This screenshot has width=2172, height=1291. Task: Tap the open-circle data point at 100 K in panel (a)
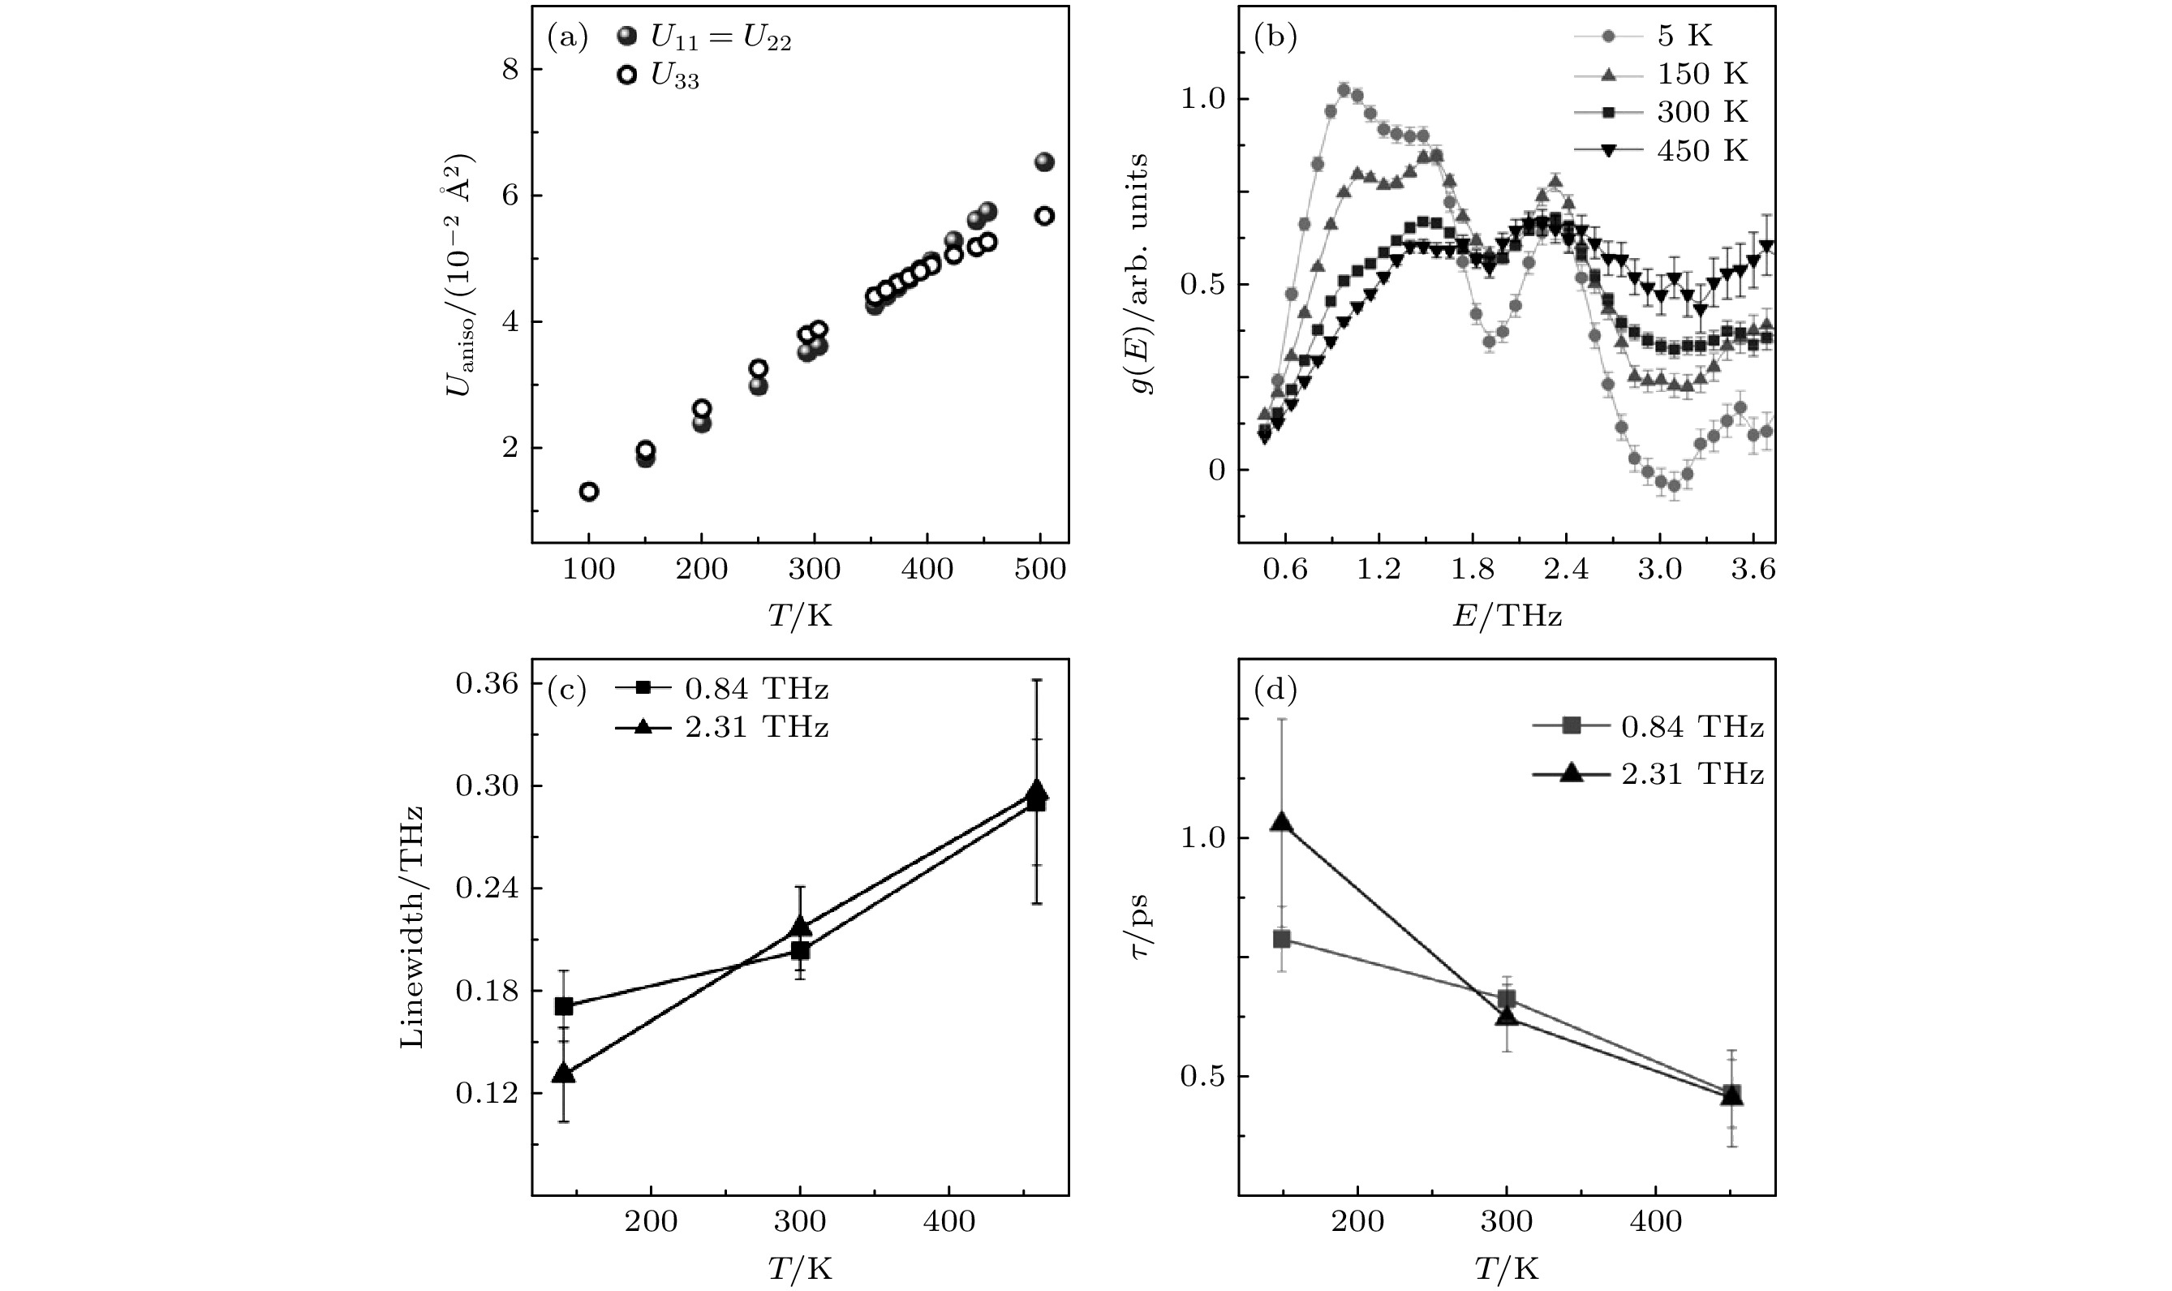tap(589, 492)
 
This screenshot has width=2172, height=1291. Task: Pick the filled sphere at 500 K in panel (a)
tap(1045, 161)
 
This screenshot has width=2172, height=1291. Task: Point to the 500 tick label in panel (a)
tap(1040, 570)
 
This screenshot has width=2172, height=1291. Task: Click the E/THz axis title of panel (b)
tap(1506, 616)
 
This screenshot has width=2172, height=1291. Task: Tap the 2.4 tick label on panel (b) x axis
tap(1566, 570)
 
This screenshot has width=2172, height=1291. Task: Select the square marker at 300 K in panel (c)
tap(800, 950)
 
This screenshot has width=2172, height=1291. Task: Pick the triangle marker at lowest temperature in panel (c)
tap(564, 1073)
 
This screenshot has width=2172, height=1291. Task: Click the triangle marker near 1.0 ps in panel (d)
tap(1280, 822)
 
